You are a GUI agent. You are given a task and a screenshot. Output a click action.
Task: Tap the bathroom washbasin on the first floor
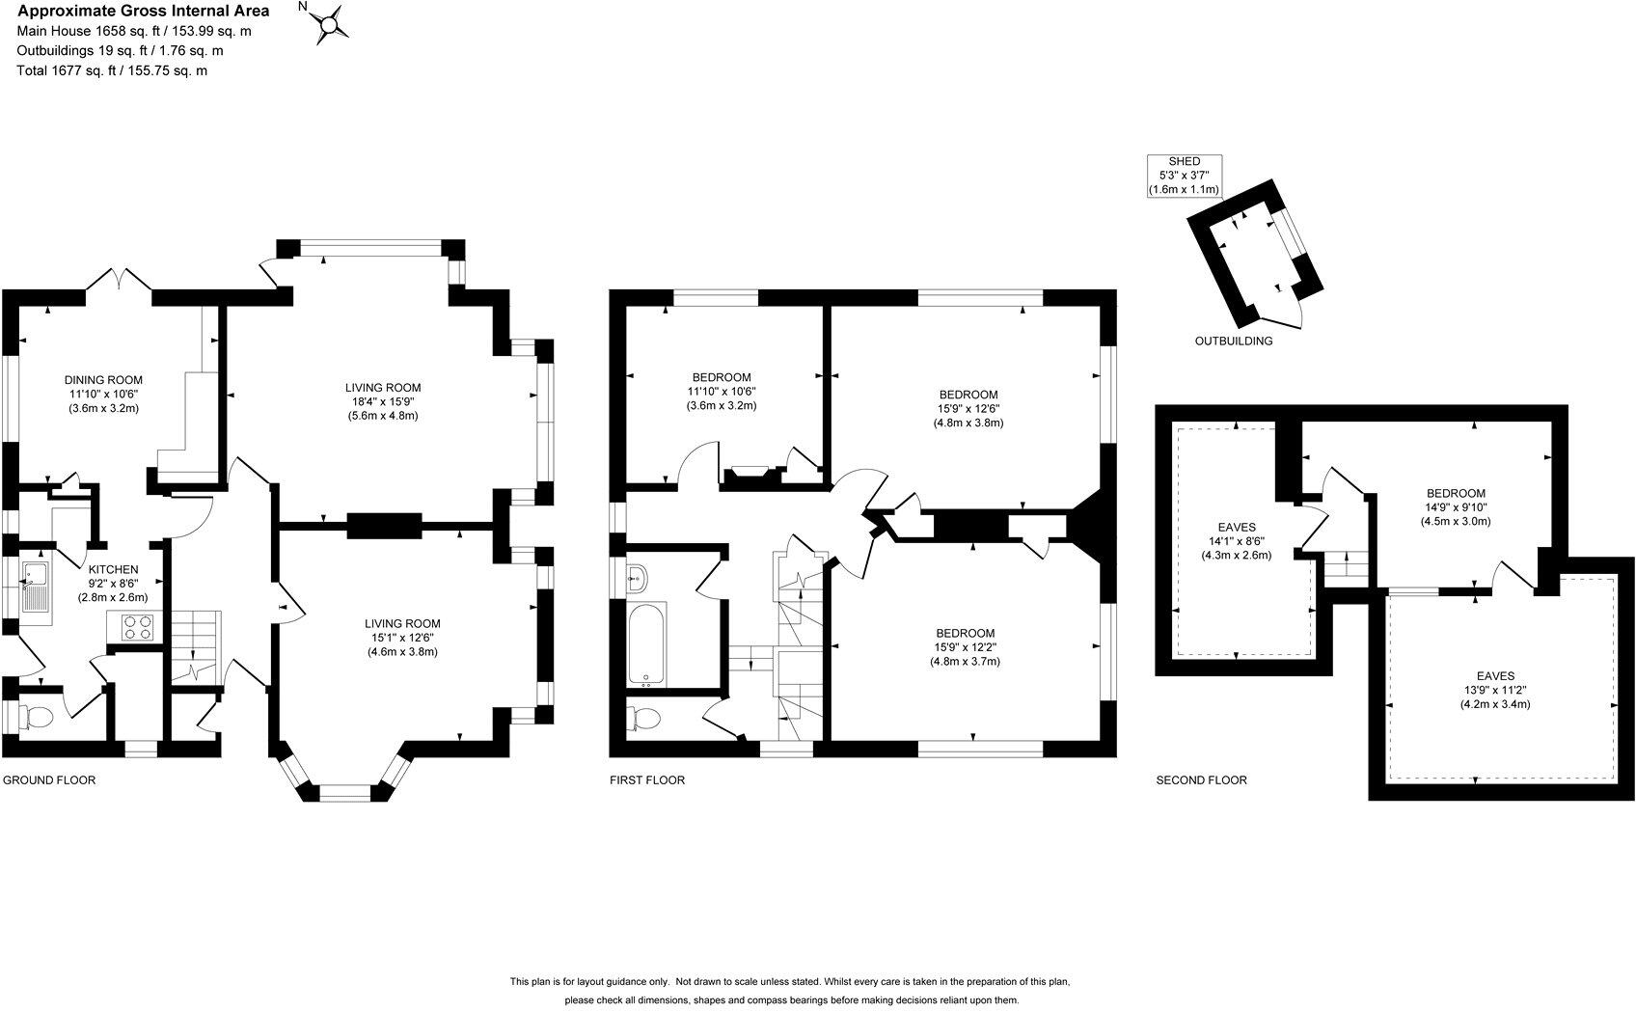pyautogui.click(x=638, y=580)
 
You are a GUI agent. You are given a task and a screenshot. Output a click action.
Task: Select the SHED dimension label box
pyautogui.click(x=1185, y=177)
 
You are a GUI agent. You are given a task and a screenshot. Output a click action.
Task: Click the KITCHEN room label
pyautogui.click(x=113, y=569)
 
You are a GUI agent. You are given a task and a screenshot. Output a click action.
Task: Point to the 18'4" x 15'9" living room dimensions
pyautogui.click(x=383, y=401)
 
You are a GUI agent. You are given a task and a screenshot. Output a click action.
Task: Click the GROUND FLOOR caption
pyautogui.click(x=49, y=779)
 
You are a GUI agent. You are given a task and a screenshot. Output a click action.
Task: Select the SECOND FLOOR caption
pyautogui.click(x=1201, y=779)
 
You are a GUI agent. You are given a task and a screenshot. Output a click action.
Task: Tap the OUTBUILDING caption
pyautogui.click(x=1233, y=341)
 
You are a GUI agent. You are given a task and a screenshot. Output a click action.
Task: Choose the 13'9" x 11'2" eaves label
pyautogui.click(x=1494, y=690)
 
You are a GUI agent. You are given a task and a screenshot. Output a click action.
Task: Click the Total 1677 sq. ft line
pyautogui.click(x=113, y=70)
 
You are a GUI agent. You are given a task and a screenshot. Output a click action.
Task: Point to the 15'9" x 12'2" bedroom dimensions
pyautogui.click(x=965, y=647)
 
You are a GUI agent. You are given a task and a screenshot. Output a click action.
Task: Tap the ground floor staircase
pyautogui.click(x=197, y=648)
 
